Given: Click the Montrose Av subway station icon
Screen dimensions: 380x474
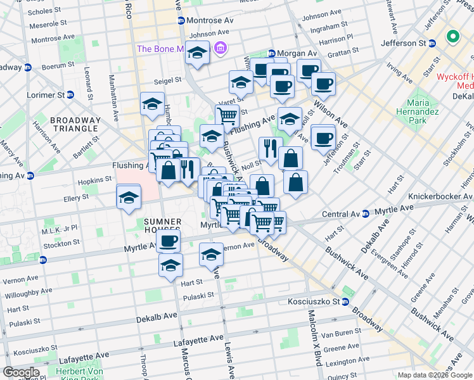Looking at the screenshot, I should [181, 20].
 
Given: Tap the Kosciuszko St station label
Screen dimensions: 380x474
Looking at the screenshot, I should [315, 301].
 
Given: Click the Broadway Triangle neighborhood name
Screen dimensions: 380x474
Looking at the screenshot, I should [75, 124].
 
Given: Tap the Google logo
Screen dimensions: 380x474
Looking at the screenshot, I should [20, 372].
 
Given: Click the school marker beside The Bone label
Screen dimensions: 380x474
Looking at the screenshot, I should [197, 54].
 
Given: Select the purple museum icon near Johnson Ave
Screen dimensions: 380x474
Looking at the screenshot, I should [221, 47].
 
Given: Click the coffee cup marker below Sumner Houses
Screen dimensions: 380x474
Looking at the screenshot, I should [169, 241].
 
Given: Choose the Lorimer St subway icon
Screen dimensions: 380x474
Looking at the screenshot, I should [70, 95].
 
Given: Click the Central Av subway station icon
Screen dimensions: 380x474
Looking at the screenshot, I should [365, 213].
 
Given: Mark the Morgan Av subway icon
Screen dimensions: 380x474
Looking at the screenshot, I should [271, 54].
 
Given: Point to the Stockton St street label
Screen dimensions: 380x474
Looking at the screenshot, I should [61, 242].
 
